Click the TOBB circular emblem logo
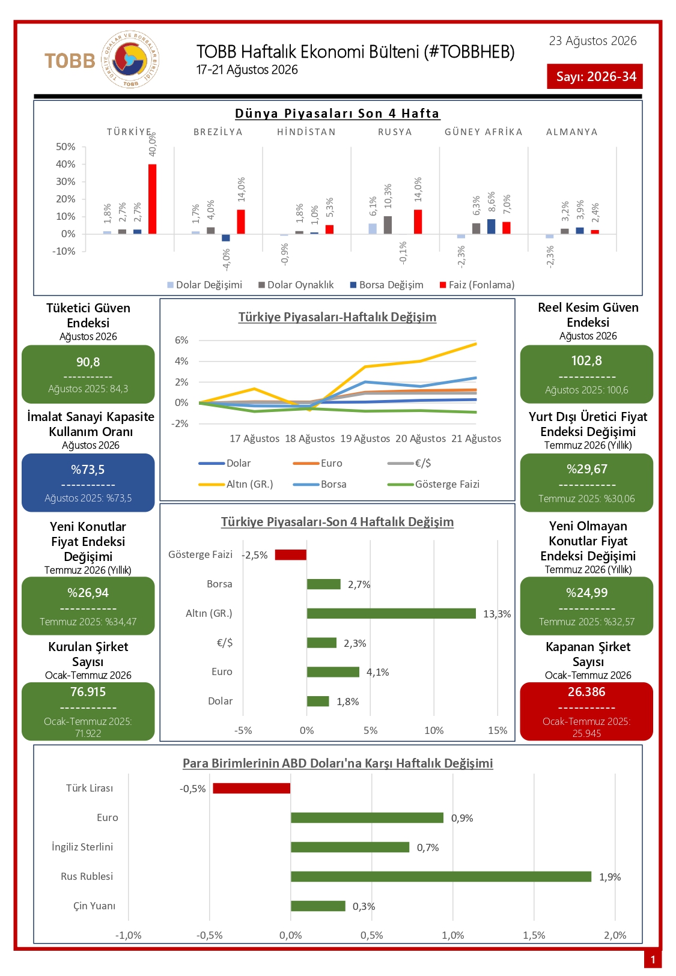tap(130, 59)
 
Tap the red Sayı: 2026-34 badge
tap(594, 77)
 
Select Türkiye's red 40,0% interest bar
tap(152, 199)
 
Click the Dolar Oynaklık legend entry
tap(296, 285)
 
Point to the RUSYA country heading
tap(395, 132)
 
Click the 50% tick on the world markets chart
tap(65, 147)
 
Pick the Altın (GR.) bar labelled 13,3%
tap(391, 613)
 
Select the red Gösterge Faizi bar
tap(291, 554)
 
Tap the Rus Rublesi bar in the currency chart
tap(441, 876)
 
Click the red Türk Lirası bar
tap(252, 788)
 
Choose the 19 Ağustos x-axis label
tap(365, 438)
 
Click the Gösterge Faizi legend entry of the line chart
tap(434, 484)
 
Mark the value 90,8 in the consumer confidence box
tap(88, 362)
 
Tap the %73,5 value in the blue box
tap(88, 470)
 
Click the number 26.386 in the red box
tap(586, 692)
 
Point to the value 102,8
tap(586, 361)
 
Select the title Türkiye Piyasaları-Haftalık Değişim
tap(337, 317)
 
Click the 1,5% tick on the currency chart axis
tap(534, 936)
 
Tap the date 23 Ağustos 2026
tap(592, 41)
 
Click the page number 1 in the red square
tap(653, 960)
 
